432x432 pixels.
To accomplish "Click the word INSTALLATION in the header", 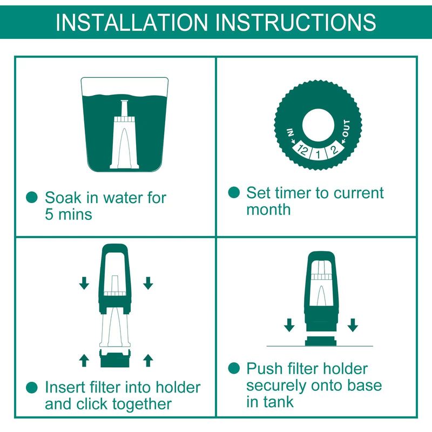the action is click(x=132, y=22).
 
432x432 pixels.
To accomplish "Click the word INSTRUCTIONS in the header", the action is click(x=295, y=22).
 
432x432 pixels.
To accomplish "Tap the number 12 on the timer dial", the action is click(x=302, y=150).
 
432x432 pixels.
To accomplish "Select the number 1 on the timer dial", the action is click(x=318, y=154).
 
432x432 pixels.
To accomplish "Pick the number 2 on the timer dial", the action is click(x=334, y=150).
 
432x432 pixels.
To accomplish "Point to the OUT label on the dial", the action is click(x=346, y=129).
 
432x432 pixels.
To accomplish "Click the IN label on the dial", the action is click(x=291, y=132).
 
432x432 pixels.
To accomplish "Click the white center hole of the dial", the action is click(x=318, y=125).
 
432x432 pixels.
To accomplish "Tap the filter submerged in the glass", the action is click(x=124, y=134).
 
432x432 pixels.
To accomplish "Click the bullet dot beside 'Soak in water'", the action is click(x=32, y=197).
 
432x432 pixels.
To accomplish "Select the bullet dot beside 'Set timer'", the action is click(x=234, y=192).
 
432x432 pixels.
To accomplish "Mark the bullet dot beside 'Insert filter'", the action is click(x=32, y=387).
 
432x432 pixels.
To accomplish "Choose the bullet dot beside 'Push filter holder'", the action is click(x=234, y=368).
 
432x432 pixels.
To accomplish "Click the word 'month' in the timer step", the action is click(x=268, y=210).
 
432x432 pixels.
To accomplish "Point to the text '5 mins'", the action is click(x=69, y=214).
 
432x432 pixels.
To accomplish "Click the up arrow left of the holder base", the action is click(x=84, y=360).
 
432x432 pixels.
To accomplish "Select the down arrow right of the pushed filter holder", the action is click(x=353, y=325).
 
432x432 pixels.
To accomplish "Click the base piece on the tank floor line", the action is click(x=321, y=341).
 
